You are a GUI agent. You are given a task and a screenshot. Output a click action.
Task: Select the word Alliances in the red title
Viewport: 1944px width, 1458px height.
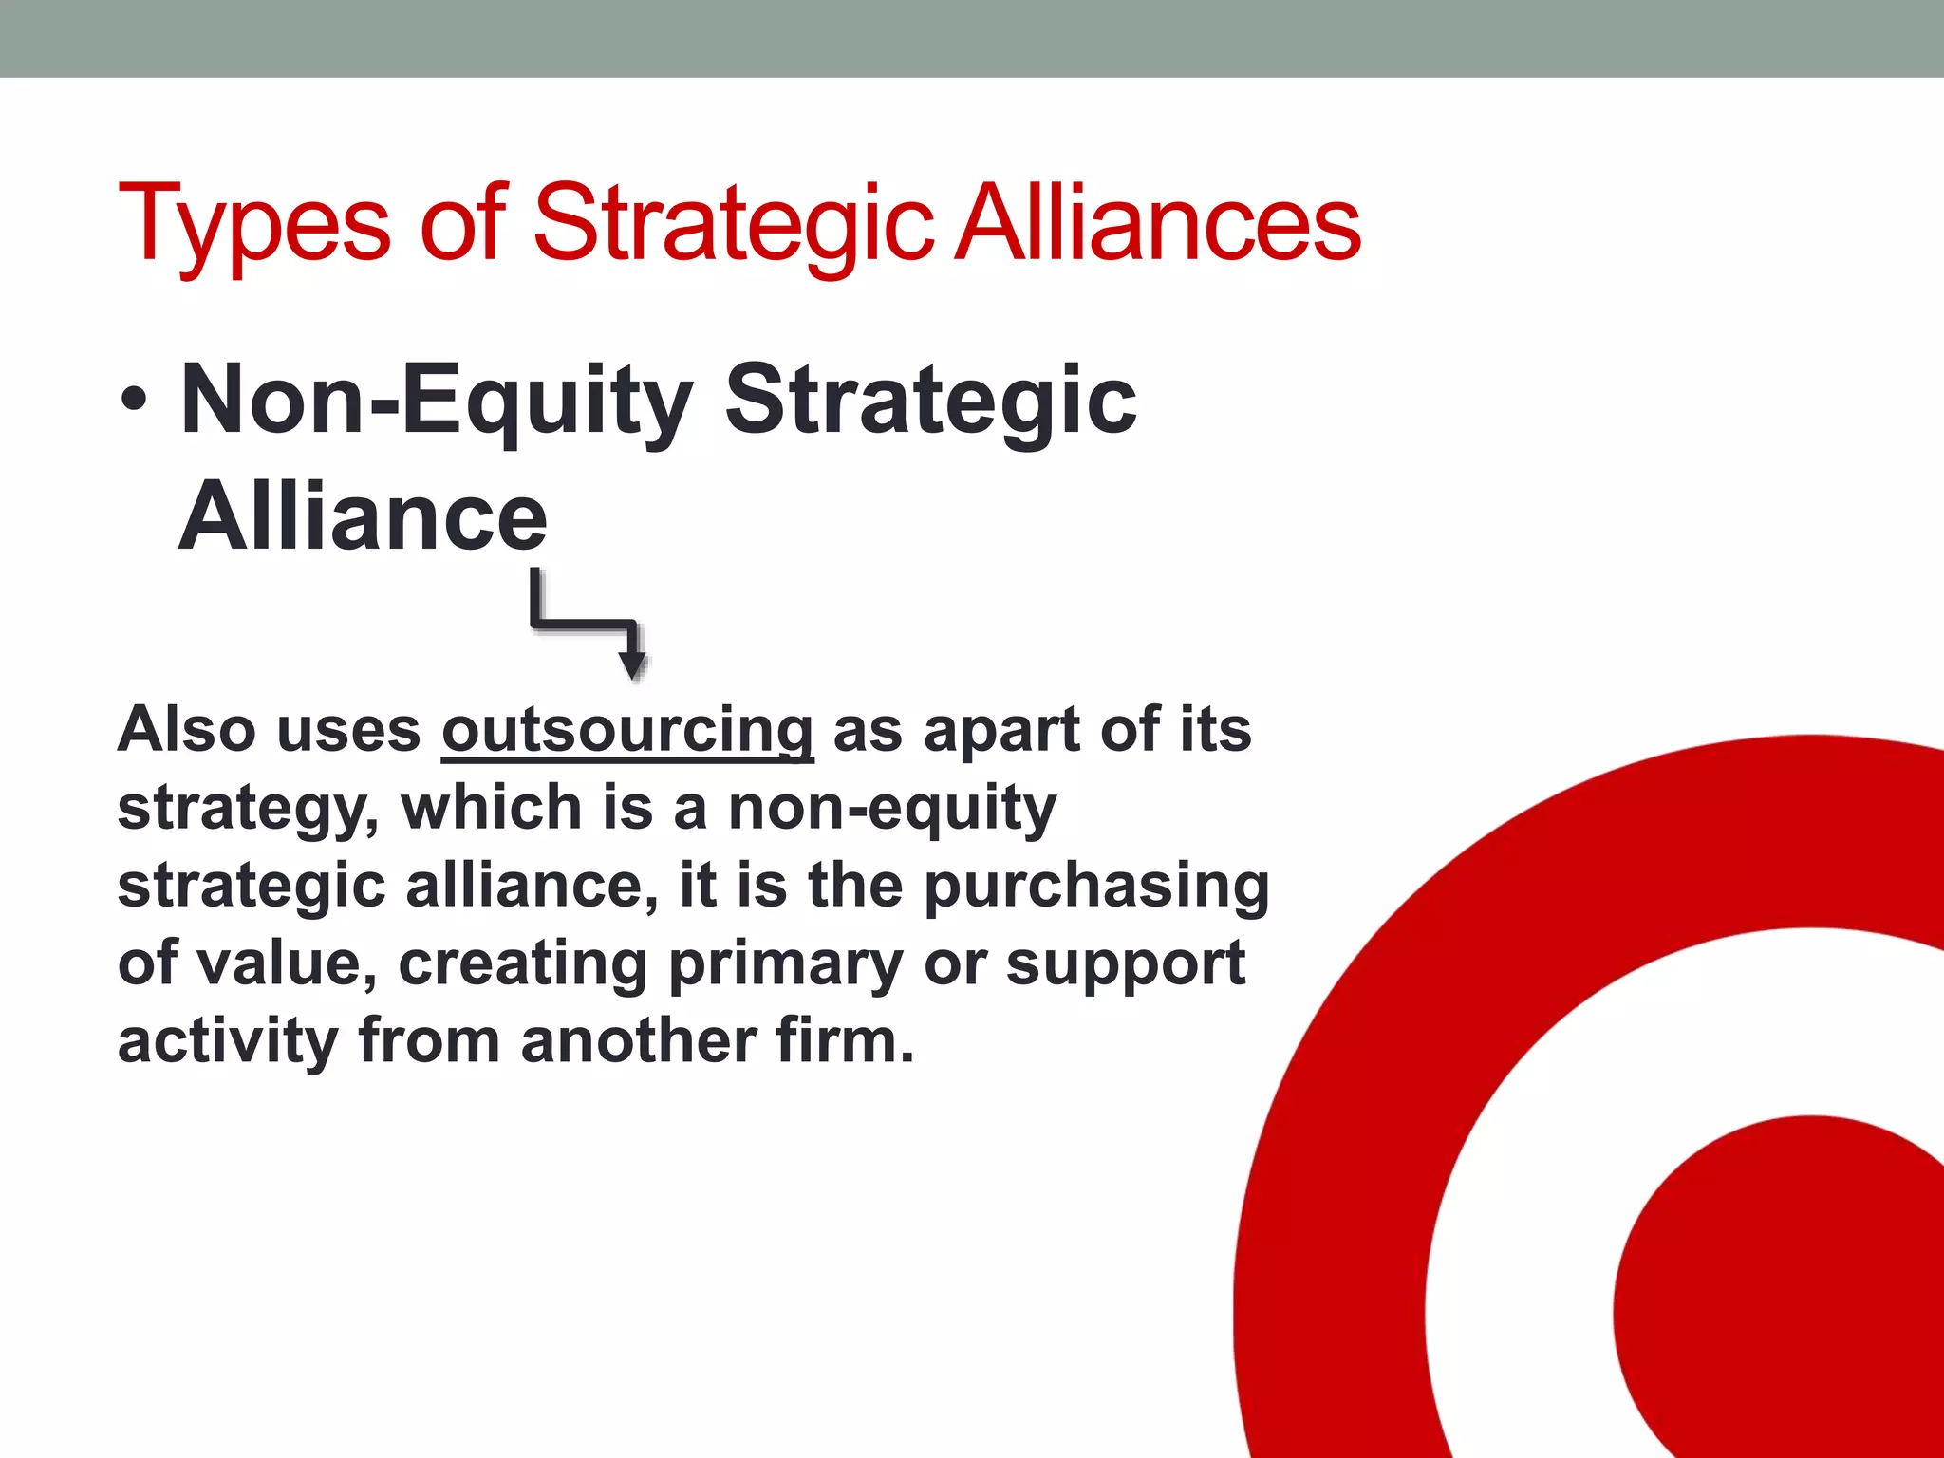[x=1158, y=222]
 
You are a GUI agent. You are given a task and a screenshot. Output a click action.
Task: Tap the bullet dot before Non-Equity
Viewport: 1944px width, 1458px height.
[x=135, y=400]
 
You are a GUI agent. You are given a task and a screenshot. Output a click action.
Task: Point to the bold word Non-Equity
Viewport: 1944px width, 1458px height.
[x=436, y=400]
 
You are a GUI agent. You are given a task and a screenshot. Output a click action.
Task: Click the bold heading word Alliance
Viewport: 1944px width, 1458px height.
[x=364, y=516]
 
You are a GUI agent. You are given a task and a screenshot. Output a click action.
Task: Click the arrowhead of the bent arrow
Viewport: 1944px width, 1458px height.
[x=631, y=665]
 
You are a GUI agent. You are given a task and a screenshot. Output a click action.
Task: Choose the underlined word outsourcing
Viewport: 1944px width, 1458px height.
[x=627, y=730]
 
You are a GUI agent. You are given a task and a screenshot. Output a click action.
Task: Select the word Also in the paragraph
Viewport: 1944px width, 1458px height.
[x=187, y=730]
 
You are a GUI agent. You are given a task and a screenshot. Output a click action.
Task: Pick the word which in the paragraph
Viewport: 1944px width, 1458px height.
[x=492, y=808]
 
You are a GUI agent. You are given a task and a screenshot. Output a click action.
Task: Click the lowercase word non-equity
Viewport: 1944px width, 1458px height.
[x=892, y=810]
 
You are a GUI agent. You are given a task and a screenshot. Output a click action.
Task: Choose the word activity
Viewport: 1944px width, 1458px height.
[x=228, y=1041]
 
